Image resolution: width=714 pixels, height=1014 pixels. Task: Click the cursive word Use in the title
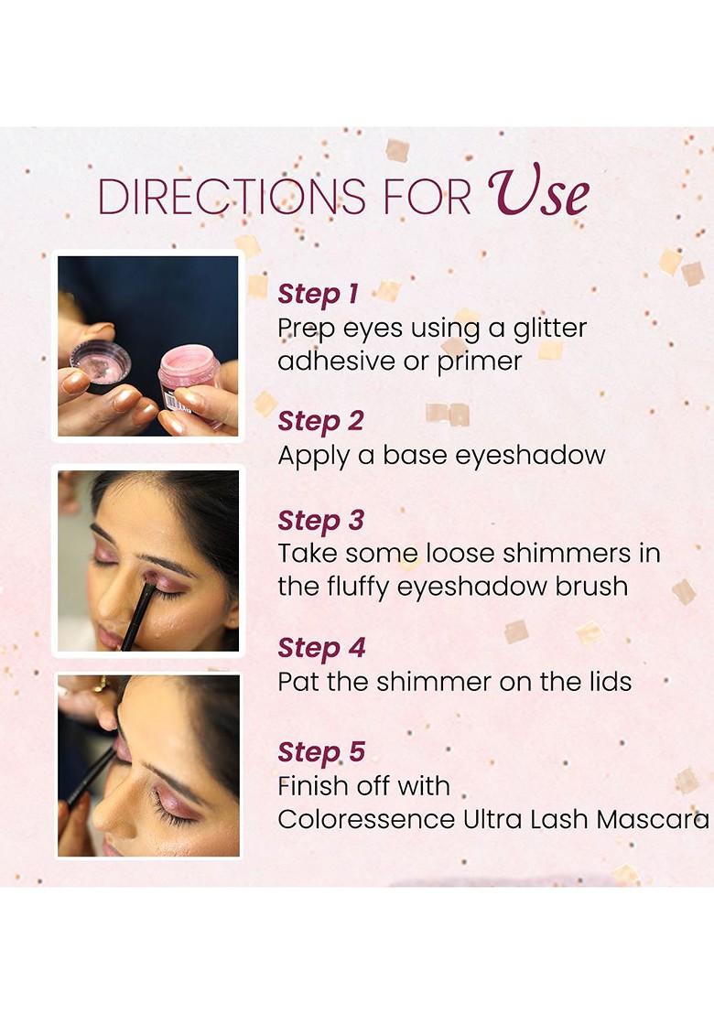(x=538, y=192)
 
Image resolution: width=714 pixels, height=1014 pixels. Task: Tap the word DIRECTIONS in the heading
(x=232, y=196)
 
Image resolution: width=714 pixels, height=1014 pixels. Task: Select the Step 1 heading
(x=318, y=294)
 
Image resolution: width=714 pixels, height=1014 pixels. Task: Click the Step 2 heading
(x=320, y=421)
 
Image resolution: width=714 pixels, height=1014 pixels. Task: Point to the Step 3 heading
(x=320, y=521)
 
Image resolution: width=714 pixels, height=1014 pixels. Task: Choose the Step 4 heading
(x=321, y=648)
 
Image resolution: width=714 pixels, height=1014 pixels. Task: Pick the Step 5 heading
(x=321, y=752)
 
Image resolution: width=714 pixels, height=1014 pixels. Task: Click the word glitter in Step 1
(x=550, y=329)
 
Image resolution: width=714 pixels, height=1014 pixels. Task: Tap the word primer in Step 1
(x=480, y=361)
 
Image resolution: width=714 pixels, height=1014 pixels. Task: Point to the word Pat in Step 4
(x=298, y=682)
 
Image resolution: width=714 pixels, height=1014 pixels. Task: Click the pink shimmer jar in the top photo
(x=190, y=383)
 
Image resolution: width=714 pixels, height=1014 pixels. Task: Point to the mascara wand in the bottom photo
(x=92, y=775)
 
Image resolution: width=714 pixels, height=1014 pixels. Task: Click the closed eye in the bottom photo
(x=172, y=813)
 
